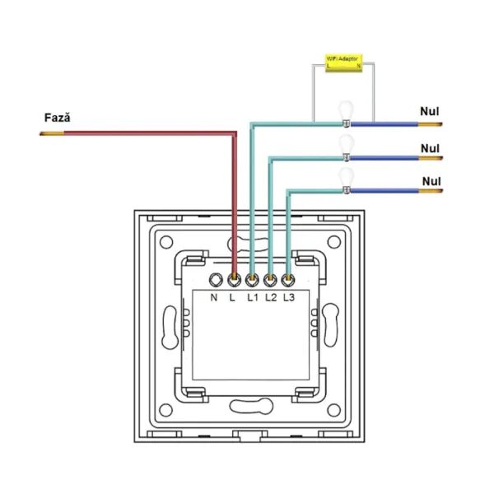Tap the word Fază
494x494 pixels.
[57, 118]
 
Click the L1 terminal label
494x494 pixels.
[252, 297]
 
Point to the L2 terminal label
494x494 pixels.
[270, 297]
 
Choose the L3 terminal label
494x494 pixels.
[289, 297]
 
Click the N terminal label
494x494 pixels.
[214, 297]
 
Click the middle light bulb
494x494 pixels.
[347, 146]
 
